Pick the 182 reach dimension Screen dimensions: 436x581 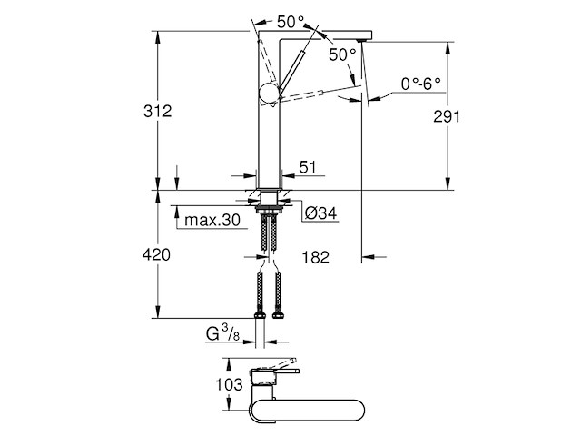(314, 258)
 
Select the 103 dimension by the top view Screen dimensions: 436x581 (224, 385)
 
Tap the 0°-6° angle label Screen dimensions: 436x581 (420, 84)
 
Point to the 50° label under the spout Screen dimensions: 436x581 (343, 55)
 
